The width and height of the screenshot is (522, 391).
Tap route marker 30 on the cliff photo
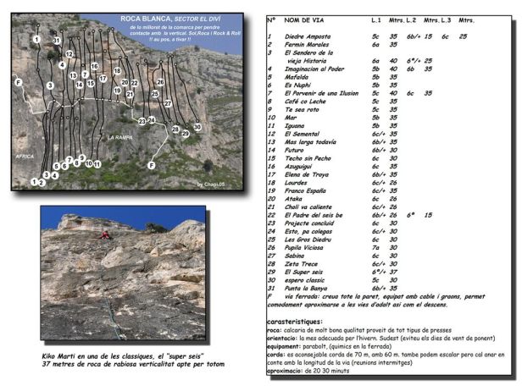point(197,127)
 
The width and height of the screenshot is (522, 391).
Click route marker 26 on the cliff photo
point(159,82)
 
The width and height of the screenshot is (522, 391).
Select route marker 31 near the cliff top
point(56,41)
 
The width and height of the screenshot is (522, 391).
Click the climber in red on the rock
point(105,234)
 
